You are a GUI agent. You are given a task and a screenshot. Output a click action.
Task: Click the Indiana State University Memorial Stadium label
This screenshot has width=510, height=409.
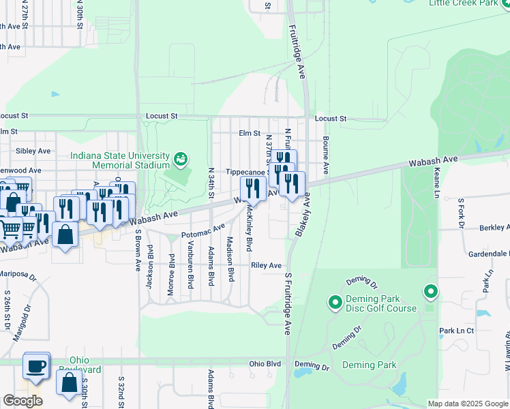120,160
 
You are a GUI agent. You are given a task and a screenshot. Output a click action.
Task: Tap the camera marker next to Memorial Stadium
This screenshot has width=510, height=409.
180,160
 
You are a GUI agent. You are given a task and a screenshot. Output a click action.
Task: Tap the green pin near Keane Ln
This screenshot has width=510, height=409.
430,292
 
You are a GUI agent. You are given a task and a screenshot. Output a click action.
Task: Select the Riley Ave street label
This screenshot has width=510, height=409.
266,265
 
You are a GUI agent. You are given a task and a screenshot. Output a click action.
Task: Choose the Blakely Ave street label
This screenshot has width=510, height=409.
302,215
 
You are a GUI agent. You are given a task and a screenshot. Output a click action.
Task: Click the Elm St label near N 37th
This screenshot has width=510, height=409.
250,133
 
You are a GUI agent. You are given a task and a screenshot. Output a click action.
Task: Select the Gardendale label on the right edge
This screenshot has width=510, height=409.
488,254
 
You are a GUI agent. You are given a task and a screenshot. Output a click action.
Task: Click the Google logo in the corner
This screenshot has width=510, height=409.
22,401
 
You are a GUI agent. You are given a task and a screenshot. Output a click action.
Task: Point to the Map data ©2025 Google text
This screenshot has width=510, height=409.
467,404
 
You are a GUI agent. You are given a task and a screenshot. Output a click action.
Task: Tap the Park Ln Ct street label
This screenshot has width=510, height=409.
456,331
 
